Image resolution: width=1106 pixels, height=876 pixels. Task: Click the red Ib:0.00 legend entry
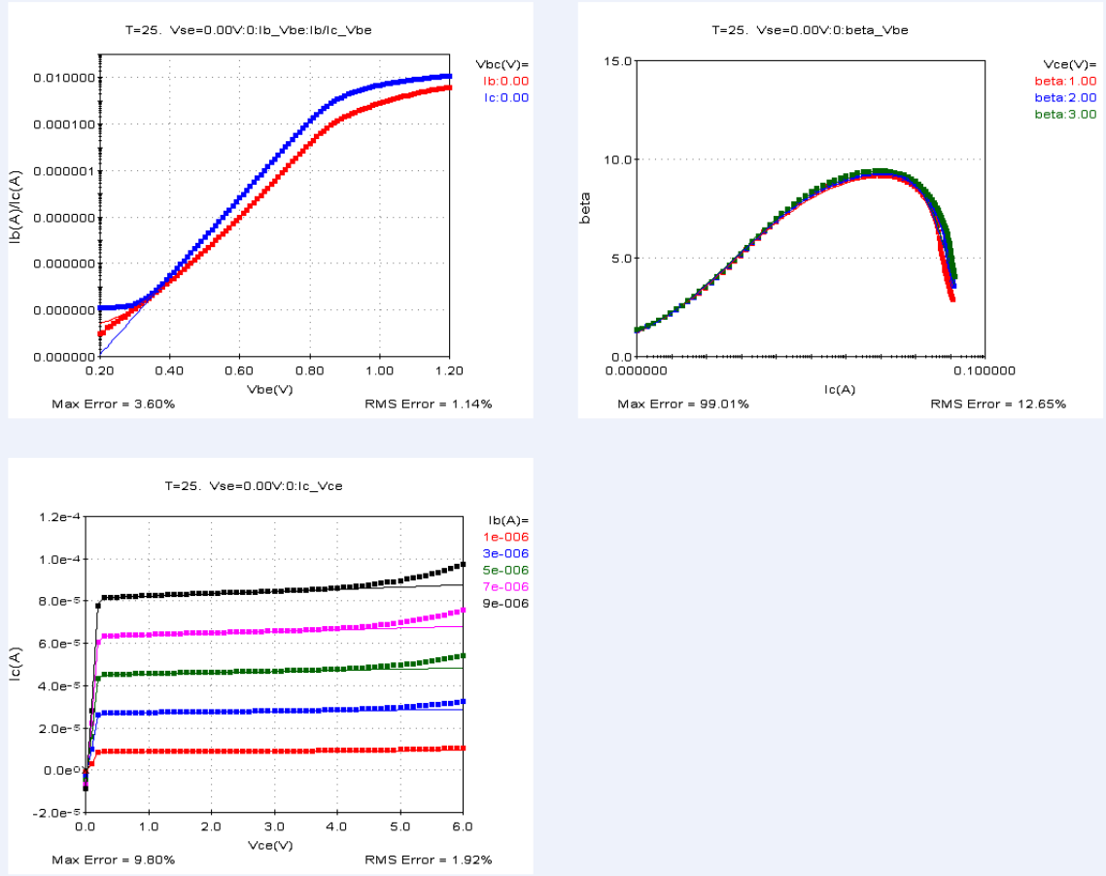point(505,81)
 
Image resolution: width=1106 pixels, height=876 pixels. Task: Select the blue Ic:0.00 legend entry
point(505,97)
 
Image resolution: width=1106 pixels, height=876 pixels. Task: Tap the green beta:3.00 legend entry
point(1065,114)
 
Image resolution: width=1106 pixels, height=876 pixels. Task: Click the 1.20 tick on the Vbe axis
point(449,371)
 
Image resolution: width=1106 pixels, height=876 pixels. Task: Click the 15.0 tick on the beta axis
point(619,61)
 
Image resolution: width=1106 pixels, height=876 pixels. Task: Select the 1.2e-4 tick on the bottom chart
point(60,516)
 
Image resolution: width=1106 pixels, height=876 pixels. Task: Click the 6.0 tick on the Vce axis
point(463,826)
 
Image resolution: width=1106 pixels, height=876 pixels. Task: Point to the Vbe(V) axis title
point(269,389)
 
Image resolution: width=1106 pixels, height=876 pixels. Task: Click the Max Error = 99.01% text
point(683,403)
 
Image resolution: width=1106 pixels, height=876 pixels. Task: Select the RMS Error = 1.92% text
point(428,859)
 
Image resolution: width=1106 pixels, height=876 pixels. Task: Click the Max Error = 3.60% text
point(113,403)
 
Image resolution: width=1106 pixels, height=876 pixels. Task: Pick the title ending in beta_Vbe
point(810,30)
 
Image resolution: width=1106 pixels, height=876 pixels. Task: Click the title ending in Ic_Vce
point(253,485)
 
